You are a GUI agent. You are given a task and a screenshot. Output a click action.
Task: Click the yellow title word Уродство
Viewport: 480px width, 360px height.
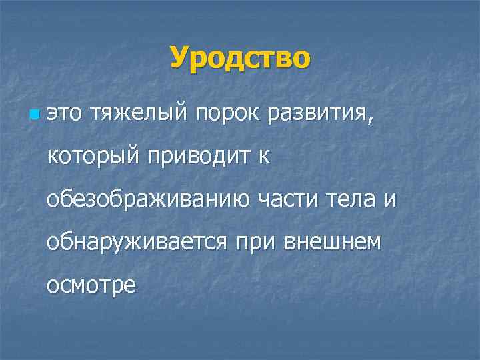tap(240, 57)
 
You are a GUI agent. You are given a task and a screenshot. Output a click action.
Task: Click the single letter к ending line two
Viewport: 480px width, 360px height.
tap(263, 158)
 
